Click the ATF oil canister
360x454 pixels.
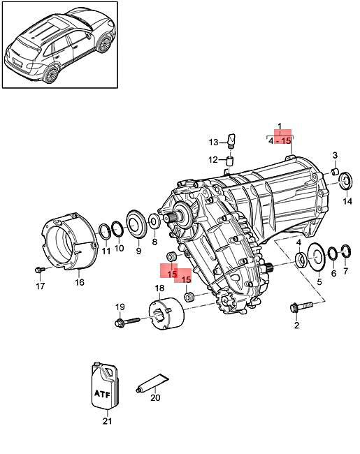(x=105, y=386)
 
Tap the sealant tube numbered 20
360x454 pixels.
(x=152, y=382)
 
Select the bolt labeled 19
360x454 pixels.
(x=127, y=322)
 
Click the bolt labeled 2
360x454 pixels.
(x=301, y=307)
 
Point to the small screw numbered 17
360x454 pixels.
(x=39, y=270)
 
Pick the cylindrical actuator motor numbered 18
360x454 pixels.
(x=166, y=314)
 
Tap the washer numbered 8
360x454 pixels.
(x=154, y=222)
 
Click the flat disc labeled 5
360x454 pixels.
(x=317, y=256)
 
